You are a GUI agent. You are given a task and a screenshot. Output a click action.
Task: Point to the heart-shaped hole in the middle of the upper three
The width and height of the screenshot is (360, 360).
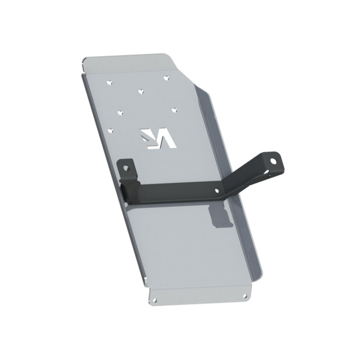coord(141,90)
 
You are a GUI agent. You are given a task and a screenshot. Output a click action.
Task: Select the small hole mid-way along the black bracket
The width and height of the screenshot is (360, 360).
coord(218,190)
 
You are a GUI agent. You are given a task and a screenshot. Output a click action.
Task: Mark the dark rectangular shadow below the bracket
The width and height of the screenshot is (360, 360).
coord(220,218)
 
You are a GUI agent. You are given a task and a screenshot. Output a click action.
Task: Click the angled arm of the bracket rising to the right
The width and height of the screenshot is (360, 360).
coord(244,177)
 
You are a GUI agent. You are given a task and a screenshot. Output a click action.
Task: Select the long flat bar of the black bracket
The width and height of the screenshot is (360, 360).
coord(174,194)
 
